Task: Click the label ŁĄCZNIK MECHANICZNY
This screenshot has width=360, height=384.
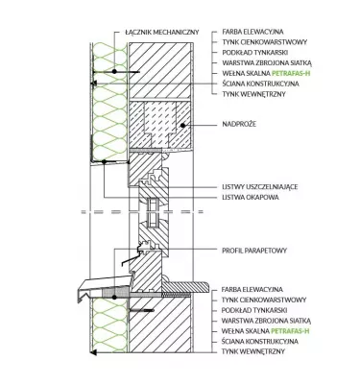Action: [162, 33]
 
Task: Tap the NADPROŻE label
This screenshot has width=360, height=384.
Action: [239, 124]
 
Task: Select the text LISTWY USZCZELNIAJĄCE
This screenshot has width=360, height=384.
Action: [260, 186]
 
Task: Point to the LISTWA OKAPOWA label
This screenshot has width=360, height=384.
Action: [251, 197]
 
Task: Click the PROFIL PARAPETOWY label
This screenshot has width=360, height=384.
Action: [254, 251]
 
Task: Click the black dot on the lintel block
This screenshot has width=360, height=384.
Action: [182, 126]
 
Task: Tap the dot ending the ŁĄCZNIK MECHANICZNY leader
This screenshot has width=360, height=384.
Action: [114, 71]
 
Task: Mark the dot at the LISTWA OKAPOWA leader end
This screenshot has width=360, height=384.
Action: [104, 162]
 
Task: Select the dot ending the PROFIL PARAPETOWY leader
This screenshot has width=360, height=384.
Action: [114, 298]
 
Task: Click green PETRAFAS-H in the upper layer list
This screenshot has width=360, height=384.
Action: [291, 73]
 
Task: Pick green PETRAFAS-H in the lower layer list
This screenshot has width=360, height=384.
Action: [290, 331]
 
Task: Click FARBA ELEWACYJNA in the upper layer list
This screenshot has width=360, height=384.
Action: [252, 32]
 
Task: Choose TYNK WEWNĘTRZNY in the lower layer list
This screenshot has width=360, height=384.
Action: [253, 351]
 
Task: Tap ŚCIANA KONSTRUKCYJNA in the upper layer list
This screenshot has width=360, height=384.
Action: [260, 84]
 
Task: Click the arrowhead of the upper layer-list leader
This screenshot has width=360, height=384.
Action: [94, 84]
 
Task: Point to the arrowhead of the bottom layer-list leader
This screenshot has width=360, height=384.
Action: [93, 352]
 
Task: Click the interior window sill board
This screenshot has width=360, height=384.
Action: [186, 287]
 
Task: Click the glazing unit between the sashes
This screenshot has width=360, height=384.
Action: [152, 213]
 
